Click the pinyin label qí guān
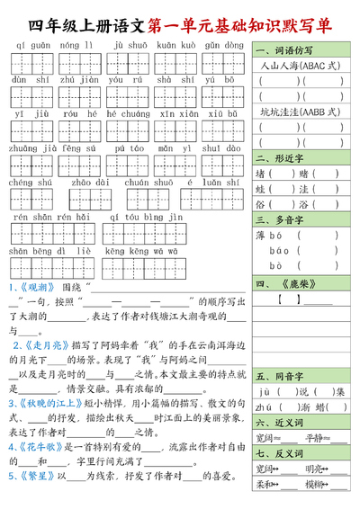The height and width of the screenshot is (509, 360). point(31,44)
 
